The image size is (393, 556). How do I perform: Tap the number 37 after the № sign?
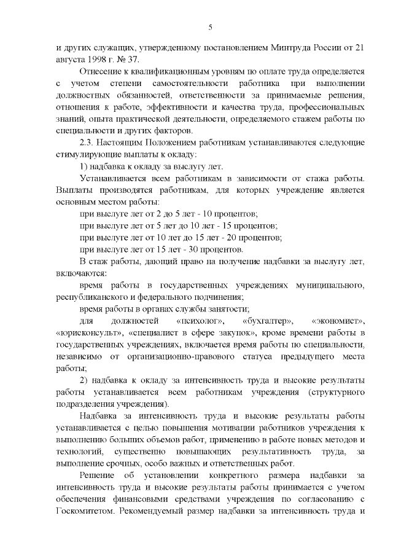point(133,59)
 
